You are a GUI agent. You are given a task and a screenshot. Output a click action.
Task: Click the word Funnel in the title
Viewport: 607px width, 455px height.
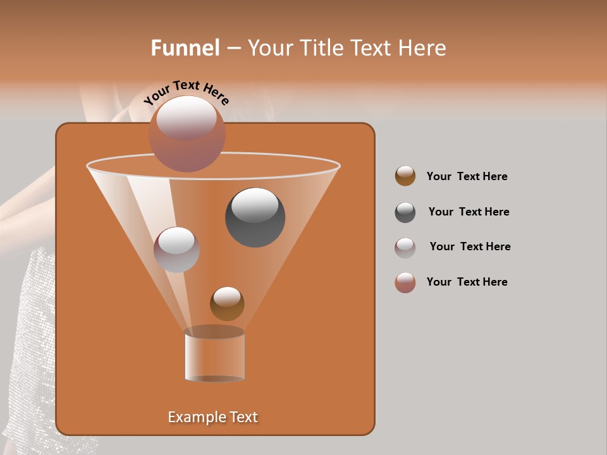pyautogui.click(x=185, y=48)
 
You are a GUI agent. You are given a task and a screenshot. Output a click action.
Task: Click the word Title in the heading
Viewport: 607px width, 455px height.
pyautogui.click(x=321, y=48)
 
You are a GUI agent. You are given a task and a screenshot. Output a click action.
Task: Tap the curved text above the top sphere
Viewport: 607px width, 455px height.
pyautogui.click(x=187, y=92)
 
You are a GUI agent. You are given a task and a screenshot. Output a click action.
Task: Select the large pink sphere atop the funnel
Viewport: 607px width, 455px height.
pyautogui.click(x=187, y=134)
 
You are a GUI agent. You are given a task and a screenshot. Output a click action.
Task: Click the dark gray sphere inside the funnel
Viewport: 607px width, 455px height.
pyautogui.click(x=255, y=218)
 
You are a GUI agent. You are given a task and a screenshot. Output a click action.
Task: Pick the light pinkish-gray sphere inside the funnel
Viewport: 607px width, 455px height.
pyautogui.click(x=176, y=250)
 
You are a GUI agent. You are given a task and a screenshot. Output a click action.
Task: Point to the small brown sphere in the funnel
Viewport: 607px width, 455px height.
pyautogui.click(x=227, y=304)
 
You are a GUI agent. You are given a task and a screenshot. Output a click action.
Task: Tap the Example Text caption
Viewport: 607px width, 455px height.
pyautogui.click(x=213, y=417)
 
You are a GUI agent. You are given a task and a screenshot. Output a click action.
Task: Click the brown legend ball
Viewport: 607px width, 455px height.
pyautogui.click(x=405, y=176)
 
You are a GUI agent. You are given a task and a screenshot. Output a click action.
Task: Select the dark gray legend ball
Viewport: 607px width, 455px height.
pyautogui.click(x=405, y=212)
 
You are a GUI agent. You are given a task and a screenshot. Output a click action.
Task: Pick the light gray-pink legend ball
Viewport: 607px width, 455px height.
pyautogui.click(x=405, y=248)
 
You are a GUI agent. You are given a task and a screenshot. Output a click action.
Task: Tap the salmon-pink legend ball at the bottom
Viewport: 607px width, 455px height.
pyautogui.click(x=405, y=282)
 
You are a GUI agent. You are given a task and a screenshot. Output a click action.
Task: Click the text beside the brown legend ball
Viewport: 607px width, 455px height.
pyautogui.click(x=467, y=176)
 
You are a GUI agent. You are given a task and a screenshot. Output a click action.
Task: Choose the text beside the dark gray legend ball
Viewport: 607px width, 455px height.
pyautogui.click(x=469, y=212)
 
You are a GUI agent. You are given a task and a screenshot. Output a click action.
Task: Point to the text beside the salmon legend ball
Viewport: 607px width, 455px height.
pyautogui.click(x=467, y=282)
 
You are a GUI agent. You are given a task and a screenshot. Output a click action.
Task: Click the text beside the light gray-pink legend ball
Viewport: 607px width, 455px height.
pyautogui.click(x=470, y=246)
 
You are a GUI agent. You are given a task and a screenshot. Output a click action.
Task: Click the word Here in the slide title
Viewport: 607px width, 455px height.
pyautogui.click(x=422, y=48)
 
